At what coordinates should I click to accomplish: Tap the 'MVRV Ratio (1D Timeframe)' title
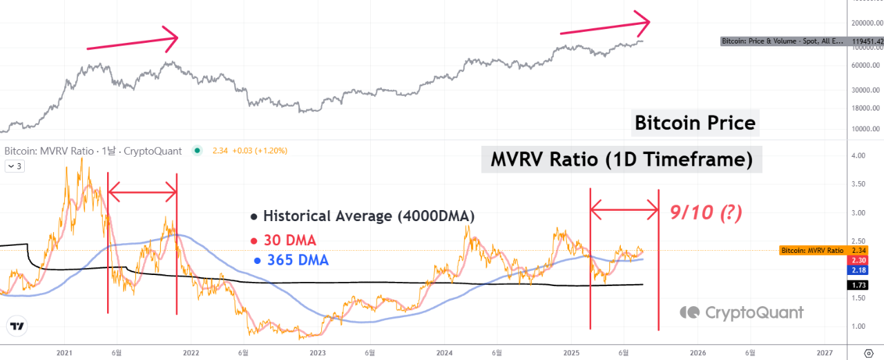pyautogui.click(x=621, y=160)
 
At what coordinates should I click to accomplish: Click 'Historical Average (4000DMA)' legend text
pyautogui.click(x=362, y=216)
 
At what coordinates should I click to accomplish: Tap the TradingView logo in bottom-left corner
pyautogui.click(x=17, y=326)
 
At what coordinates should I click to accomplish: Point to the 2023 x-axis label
pyautogui.click(x=318, y=352)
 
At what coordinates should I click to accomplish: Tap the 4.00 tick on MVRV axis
pyautogui.click(x=858, y=156)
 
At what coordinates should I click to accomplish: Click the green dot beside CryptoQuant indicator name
pyautogui.click(x=198, y=151)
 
